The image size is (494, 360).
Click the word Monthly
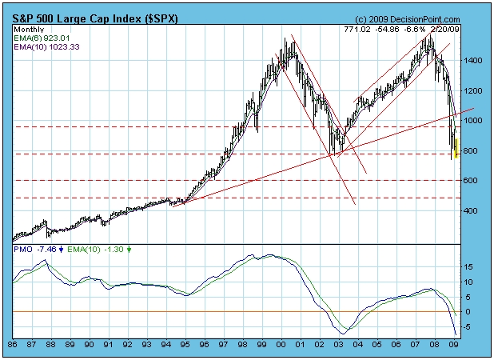click(x=29, y=28)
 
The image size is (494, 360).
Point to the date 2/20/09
click(x=444, y=29)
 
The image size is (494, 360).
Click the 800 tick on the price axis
click(x=472, y=150)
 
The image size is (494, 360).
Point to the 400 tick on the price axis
click(x=472, y=210)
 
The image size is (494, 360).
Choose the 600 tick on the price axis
click(x=472, y=181)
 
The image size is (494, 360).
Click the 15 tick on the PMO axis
click(x=471, y=267)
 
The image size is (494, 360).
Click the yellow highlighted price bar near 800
click(x=456, y=149)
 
